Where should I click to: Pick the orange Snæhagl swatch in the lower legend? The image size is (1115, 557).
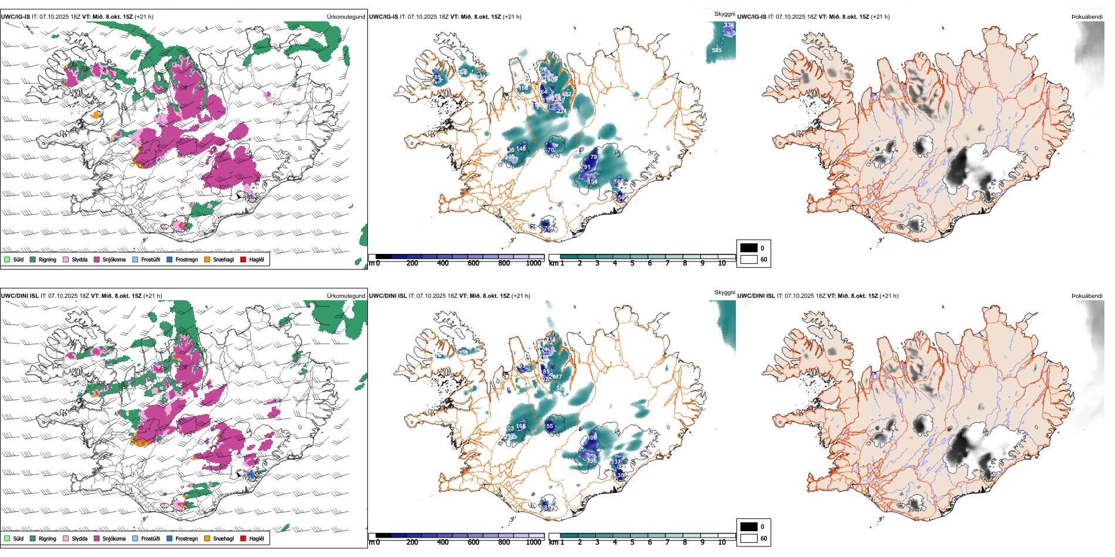[x=207, y=538]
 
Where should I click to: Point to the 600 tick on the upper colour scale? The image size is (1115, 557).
[x=473, y=263]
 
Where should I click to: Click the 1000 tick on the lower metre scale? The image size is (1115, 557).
[x=533, y=542]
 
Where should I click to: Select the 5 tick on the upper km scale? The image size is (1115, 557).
[x=632, y=263]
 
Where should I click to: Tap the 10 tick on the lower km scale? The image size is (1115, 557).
[x=722, y=542]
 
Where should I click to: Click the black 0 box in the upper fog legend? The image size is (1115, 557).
[x=749, y=248]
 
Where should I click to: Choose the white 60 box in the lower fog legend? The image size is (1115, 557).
[x=749, y=538]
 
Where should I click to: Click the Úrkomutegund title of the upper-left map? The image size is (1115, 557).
[x=346, y=17]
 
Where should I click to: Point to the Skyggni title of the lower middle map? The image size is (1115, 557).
[x=724, y=293]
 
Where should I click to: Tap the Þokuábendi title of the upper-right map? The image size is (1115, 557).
[x=1087, y=17]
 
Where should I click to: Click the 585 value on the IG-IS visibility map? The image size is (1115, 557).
[x=717, y=50]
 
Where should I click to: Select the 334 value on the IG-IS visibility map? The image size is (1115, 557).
[x=729, y=25]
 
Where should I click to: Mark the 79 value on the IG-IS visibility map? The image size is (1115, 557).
[x=593, y=157]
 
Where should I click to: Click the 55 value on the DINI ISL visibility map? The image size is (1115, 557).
[x=549, y=426]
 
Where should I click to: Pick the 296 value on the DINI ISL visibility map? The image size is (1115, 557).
[x=591, y=460]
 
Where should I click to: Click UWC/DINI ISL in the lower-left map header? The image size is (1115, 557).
[x=19, y=296]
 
